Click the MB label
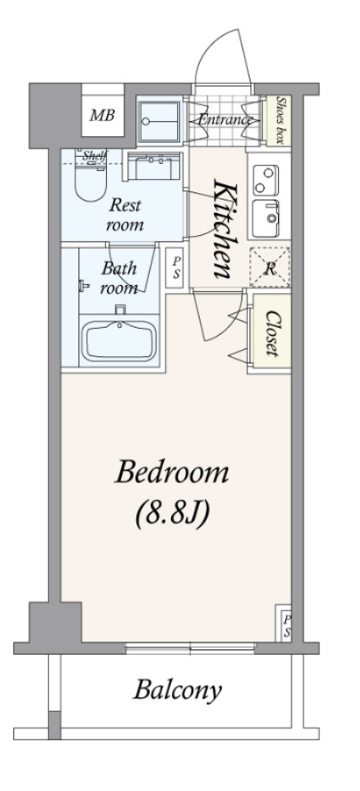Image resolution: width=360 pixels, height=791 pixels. click(x=102, y=116)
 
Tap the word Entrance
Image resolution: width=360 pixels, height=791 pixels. click(x=225, y=120)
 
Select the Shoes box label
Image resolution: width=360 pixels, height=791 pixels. click(x=281, y=120)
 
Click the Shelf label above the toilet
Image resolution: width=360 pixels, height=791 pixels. click(x=95, y=155)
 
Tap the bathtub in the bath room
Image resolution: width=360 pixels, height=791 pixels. click(x=119, y=341)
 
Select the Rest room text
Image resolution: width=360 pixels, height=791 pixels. click(x=125, y=215)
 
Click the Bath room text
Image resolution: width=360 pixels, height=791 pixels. click(x=119, y=277)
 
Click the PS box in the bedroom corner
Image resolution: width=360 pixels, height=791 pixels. click(x=284, y=623)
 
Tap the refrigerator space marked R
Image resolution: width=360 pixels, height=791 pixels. click(x=270, y=268)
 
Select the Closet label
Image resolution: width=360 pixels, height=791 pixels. click(x=272, y=333)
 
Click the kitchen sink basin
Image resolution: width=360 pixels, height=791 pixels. click(x=266, y=217)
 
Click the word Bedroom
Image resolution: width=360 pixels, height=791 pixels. click(x=172, y=473)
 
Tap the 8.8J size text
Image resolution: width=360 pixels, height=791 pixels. click(x=172, y=514)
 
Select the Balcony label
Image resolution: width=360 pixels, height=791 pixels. click(x=177, y=690)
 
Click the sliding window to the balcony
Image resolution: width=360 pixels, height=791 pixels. click(x=191, y=648)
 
